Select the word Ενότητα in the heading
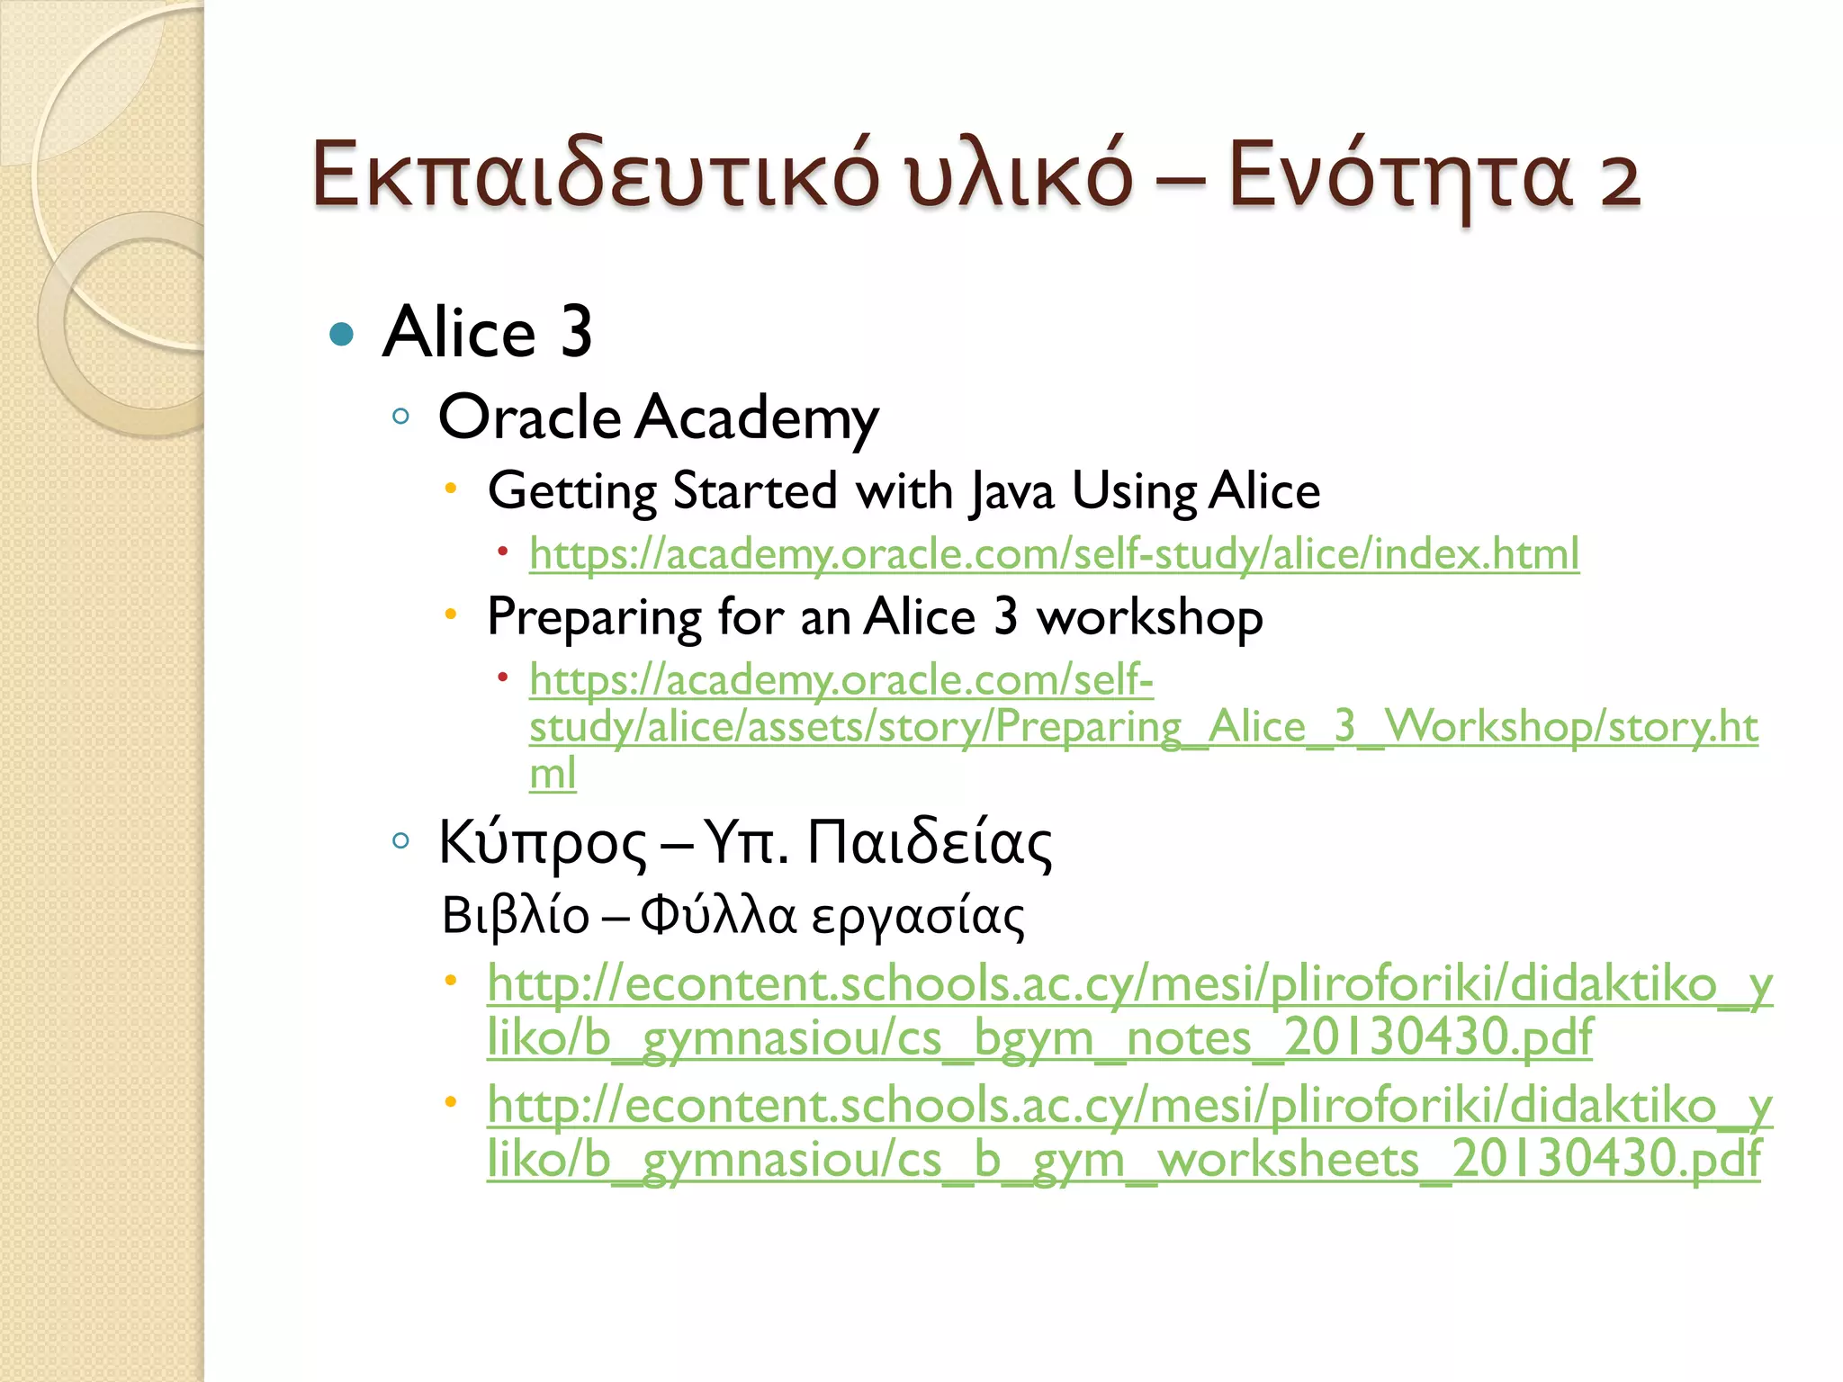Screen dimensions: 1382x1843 click(1400, 175)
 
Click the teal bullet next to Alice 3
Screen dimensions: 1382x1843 click(342, 335)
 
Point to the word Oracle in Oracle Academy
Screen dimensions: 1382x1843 click(529, 417)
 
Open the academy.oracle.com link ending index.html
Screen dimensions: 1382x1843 click(1053, 553)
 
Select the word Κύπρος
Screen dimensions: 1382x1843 click(542, 844)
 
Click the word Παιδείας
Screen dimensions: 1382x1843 click(929, 842)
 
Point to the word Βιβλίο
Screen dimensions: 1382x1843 click(515, 916)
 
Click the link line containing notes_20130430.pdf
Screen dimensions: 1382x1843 click(1039, 1038)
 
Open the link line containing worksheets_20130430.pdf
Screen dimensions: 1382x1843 click(1123, 1160)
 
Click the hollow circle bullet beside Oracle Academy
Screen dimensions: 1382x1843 click(401, 417)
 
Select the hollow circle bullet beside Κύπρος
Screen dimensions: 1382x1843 click(401, 841)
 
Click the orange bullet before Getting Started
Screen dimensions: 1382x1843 click(452, 488)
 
